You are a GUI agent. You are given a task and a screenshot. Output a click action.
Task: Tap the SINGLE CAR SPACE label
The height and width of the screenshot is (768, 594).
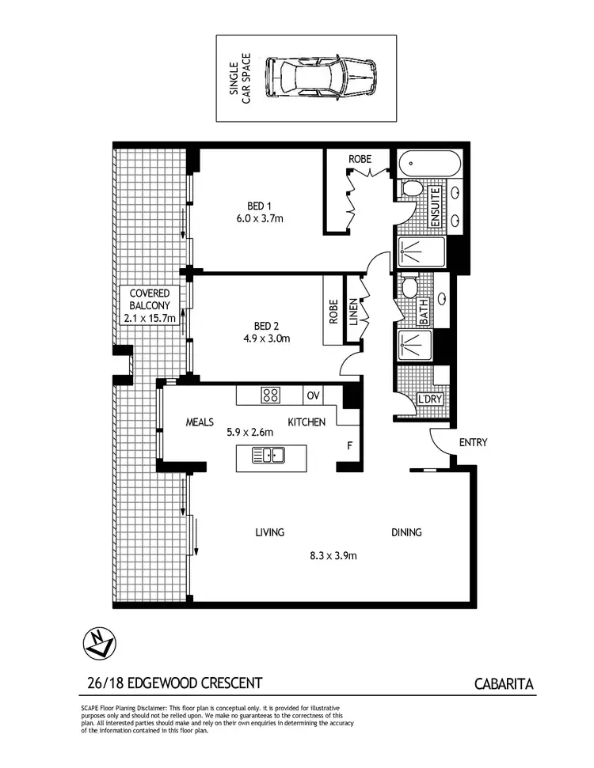pyautogui.click(x=240, y=78)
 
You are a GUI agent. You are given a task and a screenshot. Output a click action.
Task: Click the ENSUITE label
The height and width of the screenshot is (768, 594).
pyautogui.click(x=435, y=208)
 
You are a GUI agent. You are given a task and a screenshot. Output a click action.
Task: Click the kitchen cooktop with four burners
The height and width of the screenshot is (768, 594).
pyautogui.click(x=270, y=394)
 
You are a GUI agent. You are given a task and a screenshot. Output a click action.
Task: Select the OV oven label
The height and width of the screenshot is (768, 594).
pyautogui.click(x=313, y=394)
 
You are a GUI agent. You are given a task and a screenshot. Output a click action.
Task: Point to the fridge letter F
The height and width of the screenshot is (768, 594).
pyautogui.click(x=348, y=445)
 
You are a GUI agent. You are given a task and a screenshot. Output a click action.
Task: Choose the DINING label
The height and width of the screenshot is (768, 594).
pyautogui.click(x=406, y=532)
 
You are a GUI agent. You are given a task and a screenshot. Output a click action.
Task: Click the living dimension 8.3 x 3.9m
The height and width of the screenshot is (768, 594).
pyautogui.click(x=332, y=555)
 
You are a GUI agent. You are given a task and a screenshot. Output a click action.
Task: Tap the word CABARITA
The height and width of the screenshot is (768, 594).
pyautogui.click(x=505, y=682)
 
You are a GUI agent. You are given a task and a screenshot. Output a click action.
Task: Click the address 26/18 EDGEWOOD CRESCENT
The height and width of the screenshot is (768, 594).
pyautogui.click(x=173, y=682)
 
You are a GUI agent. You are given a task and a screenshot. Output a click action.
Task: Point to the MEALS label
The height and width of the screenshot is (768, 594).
pyautogui.click(x=200, y=422)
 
